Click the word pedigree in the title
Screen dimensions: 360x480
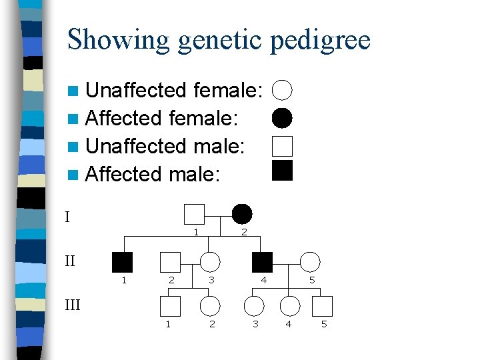[x=320, y=40]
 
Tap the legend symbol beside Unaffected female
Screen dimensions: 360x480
[x=283, y=89]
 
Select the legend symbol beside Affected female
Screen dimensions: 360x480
[x=283, y=118]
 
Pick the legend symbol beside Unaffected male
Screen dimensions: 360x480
[x=283, y=145]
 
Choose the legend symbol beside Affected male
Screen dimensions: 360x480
[x=283, y=171]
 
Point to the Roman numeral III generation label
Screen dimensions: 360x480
[x=72, y=305]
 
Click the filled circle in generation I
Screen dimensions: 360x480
[x=242, y=214]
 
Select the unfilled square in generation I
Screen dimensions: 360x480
[x=194, y=214]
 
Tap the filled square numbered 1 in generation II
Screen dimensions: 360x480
[x=123, y=262]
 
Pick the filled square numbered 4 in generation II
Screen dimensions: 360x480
[x=263, y=262]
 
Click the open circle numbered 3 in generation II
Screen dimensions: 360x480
[x=210, y=262]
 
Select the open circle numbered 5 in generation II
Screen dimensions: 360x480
[x=310, y=262]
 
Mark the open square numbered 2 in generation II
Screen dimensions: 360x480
[x=171, y=262]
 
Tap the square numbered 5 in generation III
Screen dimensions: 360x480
[x=323, y=306]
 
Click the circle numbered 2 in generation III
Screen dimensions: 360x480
[x=210, y=306]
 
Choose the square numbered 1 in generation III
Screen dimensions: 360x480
[x=170, y=306]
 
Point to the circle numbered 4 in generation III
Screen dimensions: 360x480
[x=289, y=306]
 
